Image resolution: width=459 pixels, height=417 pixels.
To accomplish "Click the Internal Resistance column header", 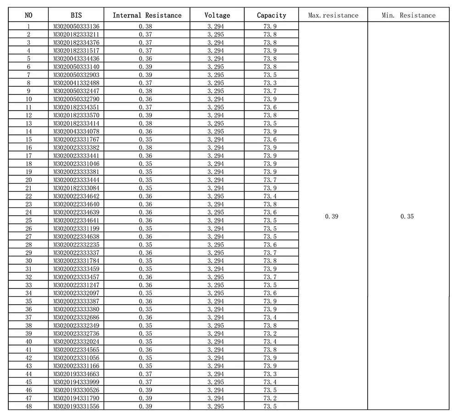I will pos(147,15).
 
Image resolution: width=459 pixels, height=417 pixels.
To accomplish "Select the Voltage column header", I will pos(217,15).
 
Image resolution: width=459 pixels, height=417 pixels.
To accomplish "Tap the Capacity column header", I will pos(271,15).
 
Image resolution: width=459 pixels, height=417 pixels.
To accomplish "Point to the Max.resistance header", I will pos(333,15).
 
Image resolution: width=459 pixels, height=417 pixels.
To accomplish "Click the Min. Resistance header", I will pos(408,15).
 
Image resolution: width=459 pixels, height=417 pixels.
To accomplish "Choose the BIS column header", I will pos(76,15).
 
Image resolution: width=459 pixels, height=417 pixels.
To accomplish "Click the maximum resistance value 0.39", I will pos(331,216).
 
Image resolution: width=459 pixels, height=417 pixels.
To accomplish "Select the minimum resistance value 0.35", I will pos(407,216).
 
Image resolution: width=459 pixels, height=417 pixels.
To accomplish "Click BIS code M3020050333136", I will pos(76,26).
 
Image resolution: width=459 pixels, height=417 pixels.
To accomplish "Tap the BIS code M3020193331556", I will pos(76,406).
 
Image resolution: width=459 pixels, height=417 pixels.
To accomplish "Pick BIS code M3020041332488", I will pos(76,83).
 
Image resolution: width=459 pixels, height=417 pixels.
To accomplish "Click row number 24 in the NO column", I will pos(28,212).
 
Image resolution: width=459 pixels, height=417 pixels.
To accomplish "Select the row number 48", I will pos(28,406).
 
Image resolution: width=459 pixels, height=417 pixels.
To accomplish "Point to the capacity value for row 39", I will pos(270,334).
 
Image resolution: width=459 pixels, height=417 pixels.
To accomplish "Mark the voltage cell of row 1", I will pos(216,26).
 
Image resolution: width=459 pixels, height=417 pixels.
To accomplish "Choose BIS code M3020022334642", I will pos(76,196).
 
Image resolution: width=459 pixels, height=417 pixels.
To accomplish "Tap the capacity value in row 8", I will pos(270,83).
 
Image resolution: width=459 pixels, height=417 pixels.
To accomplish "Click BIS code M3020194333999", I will pos(76,382).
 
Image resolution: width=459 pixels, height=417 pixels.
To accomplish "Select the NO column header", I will pos(28,15).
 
